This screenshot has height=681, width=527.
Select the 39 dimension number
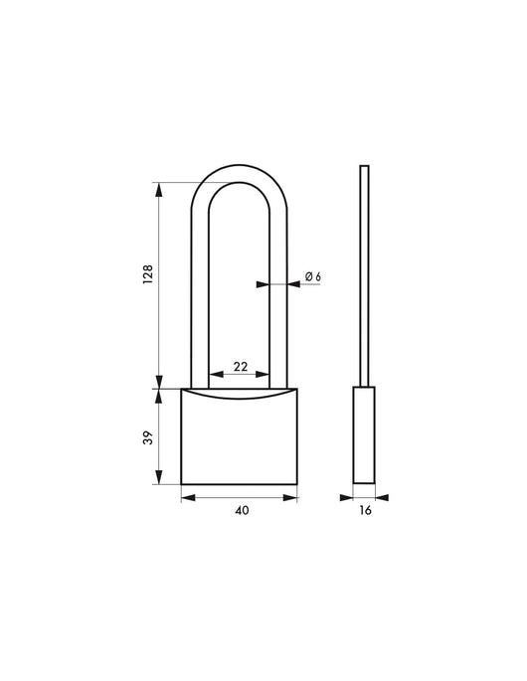coord(146,437)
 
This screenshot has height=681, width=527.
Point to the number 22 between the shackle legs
coord(240,366)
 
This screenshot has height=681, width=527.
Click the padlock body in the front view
coord(239,442)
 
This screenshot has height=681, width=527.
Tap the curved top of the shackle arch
coord(240,169)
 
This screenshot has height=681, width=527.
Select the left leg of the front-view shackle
coord(198,298)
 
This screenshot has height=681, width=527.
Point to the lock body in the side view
coord(365,436)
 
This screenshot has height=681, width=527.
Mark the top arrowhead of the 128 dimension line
coord(158,187)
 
